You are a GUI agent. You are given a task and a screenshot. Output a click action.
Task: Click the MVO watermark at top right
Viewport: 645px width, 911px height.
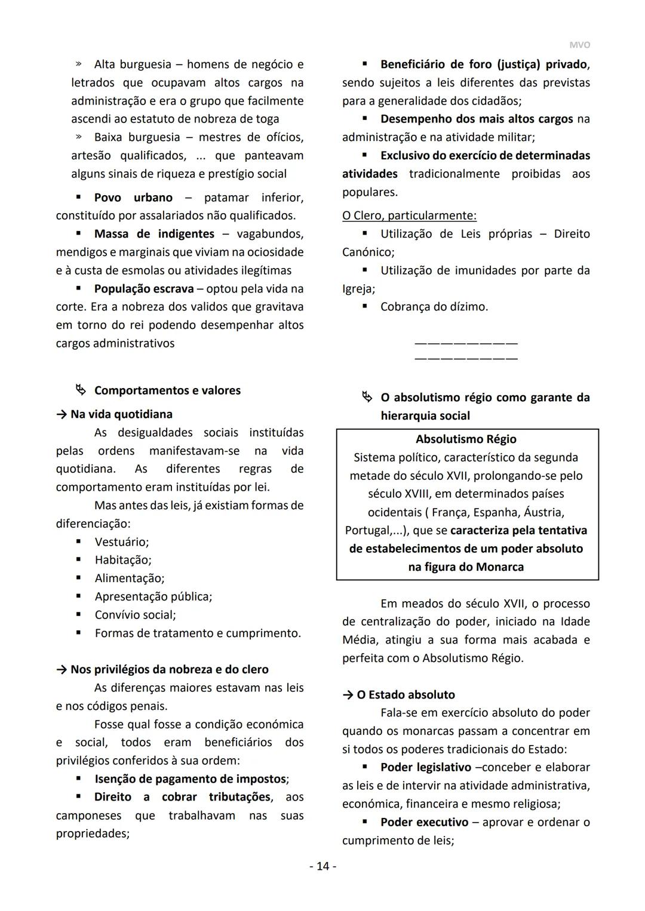(x=579, y=45)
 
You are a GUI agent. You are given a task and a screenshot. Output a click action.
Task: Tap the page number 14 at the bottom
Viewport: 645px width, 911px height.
(x=322, y=866)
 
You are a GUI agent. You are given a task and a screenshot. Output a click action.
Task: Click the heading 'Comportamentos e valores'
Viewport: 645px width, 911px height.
(x=167, y=390)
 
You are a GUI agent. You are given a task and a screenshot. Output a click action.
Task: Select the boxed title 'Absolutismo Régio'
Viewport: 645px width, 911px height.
(x=466, y=439)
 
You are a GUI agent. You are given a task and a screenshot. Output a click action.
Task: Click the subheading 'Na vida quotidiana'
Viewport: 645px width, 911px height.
(x=121, y=414)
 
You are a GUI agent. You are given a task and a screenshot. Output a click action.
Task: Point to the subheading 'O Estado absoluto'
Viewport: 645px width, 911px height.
(x=406, y=695)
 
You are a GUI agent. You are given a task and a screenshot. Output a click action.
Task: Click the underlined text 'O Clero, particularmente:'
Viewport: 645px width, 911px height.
(x=409, y=216)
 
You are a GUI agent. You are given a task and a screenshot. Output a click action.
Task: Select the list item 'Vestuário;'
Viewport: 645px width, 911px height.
(x=122, y=542)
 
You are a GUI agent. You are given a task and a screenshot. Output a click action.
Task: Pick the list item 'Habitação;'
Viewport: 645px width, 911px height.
(x=123, y=560)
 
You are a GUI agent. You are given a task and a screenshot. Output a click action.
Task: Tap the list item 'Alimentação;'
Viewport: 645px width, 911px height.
(x=130, y=578)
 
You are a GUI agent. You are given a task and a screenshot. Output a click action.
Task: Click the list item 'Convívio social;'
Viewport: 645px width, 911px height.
(x=135, y=615)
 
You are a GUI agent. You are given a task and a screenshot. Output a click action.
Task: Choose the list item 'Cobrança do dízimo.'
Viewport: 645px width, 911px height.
(x=434, y=307)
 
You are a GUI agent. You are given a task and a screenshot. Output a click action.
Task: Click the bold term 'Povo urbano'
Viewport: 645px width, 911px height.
(x=133, y=198)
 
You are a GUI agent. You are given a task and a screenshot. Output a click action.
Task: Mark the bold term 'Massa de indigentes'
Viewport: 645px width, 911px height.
(x=154, y=234)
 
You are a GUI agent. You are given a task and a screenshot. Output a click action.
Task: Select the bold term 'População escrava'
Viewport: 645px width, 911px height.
(x=144, y=289)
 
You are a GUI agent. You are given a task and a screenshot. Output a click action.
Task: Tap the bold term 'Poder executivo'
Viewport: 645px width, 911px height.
(x=424, y=823)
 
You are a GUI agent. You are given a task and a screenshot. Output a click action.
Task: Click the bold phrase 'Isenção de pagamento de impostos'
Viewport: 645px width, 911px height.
(x=190, y=779)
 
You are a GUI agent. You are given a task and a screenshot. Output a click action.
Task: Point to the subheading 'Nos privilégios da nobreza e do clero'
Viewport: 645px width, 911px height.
(x=169, y=670)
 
